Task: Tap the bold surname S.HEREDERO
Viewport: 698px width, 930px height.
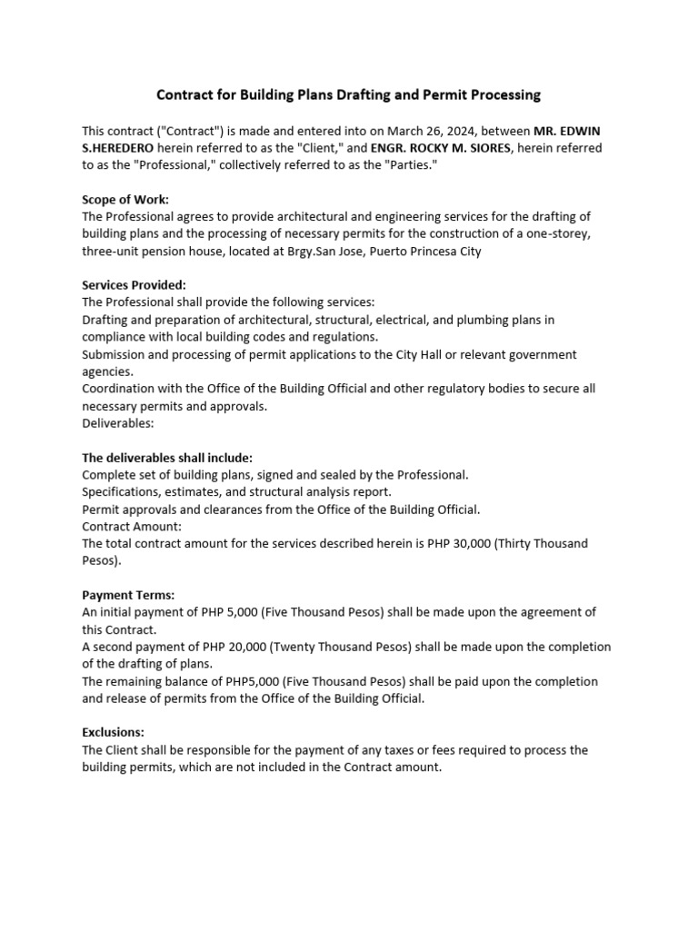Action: pyautogui.click(x=119, y=147)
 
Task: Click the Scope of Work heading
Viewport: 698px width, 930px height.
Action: pyautogui.click(x=125, y=199)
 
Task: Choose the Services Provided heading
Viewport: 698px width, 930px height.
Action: pyautogui.click(x=134, y=285)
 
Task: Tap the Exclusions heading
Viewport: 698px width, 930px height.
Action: pyautogui.click(x=113, y=732)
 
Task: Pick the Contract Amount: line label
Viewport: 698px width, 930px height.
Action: pyautogui.click(x=132, y=526)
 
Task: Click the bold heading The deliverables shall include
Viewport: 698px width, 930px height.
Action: pyautogui.click(x=167, y=457)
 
